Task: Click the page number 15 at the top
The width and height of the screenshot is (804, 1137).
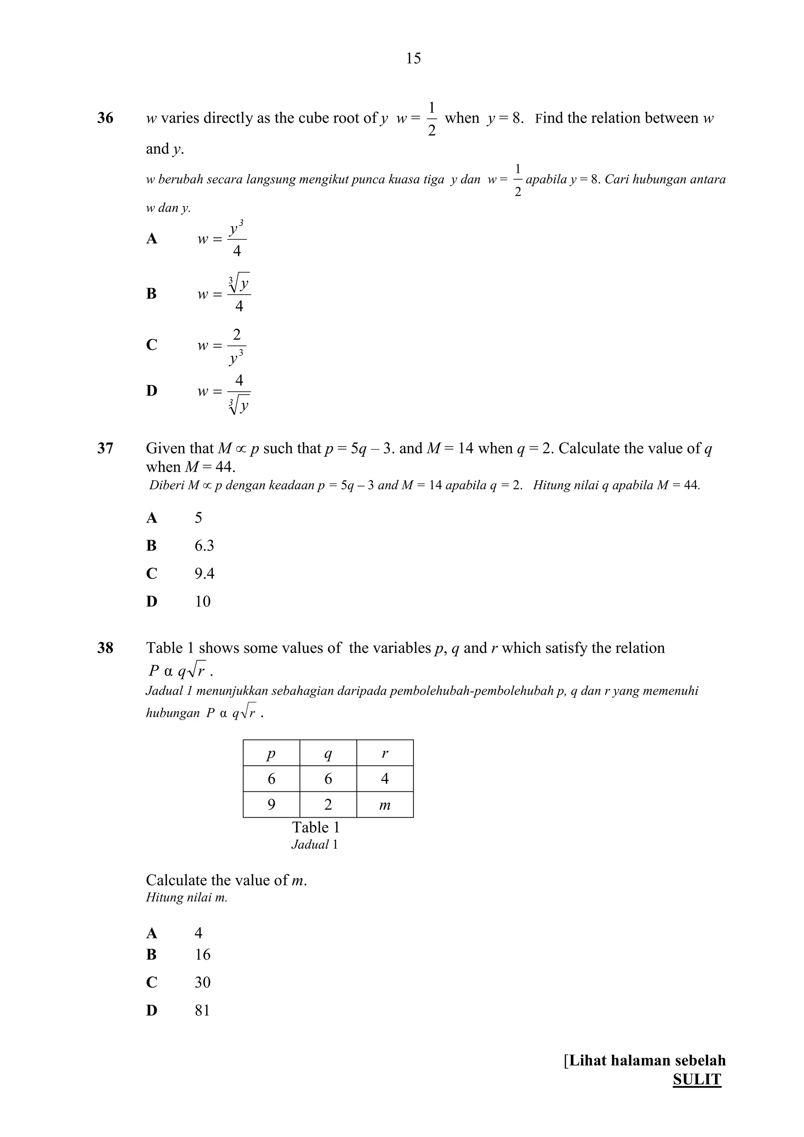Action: click(x=413, y=58)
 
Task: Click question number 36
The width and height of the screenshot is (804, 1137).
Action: click(x=105, y=118)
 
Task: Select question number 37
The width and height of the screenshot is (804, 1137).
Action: click(x=105, y=448)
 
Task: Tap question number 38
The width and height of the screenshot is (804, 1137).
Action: click(x=105, y=648)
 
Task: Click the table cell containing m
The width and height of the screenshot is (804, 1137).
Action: click(x=385, y=804)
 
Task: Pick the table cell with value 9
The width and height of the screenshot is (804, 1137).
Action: click(x=271, y=804)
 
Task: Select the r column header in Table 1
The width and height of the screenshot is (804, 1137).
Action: click(x=385, y=753)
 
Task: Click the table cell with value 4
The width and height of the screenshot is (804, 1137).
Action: click(x=385, y=778)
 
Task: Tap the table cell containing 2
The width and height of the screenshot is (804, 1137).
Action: click(x=328, y=804)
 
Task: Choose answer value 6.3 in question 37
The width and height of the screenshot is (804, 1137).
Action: click(x=204, y=546)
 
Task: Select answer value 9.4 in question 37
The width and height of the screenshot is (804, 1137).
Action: click(x=204, y=574)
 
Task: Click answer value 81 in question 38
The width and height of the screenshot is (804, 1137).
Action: click(x=202, y=1010)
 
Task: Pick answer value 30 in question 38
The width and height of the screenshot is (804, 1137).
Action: click(x=202, y=982)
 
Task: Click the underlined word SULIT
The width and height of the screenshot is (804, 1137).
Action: click(x=696, y=1079)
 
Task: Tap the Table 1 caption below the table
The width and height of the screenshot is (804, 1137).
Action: click(x=316, y=827)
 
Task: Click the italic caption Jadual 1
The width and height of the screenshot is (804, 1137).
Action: click(x=314, y=844)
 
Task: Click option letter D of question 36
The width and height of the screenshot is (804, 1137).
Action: click(x=152, y=391)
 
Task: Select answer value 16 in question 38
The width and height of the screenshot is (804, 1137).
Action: click(x=202, y=954)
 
